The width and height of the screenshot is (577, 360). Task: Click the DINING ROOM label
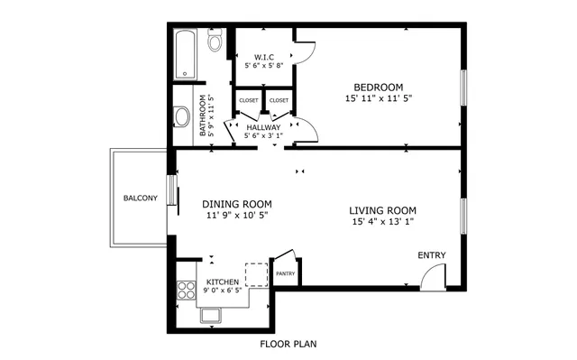[236, 204]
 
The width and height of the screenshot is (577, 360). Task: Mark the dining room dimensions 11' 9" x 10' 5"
[236, 216]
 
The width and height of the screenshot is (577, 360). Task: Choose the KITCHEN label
[223, 282]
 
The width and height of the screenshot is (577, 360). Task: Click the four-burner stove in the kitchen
[186, 290]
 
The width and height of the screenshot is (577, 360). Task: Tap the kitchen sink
[213, 315]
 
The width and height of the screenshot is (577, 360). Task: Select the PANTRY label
[285, 273]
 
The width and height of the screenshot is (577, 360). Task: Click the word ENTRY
[432, 255]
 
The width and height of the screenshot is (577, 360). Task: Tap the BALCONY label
[141, 198]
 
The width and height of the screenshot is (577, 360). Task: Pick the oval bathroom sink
[181, 115]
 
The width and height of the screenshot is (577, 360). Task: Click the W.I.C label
[264, 57]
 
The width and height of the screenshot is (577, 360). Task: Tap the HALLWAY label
[264, 127]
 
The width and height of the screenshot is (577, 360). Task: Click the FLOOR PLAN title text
[288, 344]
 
